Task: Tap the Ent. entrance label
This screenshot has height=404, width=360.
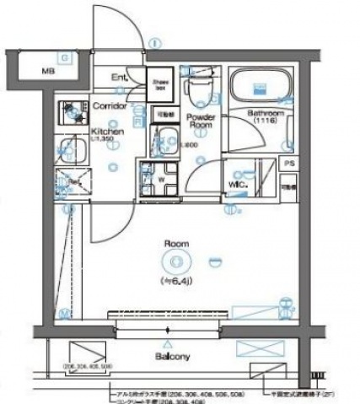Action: pos(120,78)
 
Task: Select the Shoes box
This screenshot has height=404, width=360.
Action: pos(160,83)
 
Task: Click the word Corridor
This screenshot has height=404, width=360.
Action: pos(109,106)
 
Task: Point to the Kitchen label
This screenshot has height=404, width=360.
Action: pos(108,132)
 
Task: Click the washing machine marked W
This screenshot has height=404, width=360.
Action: pos(160,180)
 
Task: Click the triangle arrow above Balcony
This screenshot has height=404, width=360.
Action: pos(171,344)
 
